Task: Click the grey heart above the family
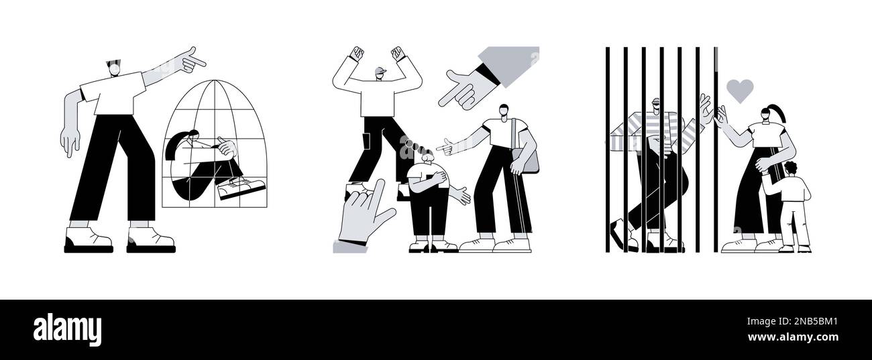pyautogui.click(x=740, y=90)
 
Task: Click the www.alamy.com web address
pyautogui.click(x=792, y=337)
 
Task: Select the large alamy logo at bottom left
pyautogui.click(x=67, y=330)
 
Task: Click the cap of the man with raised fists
pyautogui.click(x=381, y=71)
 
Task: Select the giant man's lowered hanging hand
pyautogui.click(x=70, y=141)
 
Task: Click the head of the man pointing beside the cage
pyautogui.click(x=114, y=68)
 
